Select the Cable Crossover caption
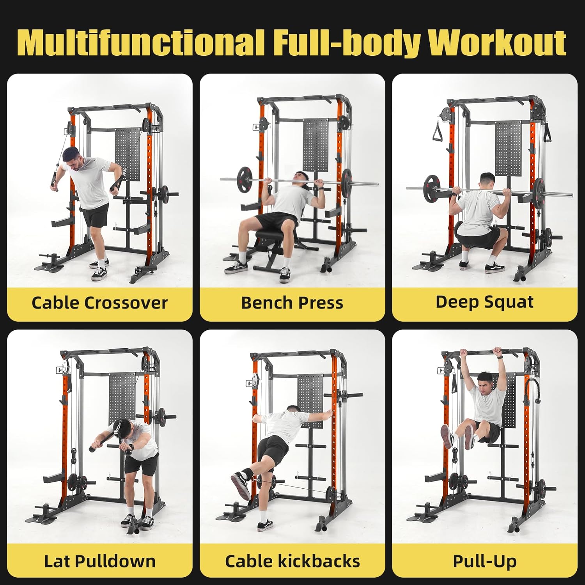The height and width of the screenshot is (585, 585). coord(99,303)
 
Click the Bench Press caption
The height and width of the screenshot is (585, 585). coord(292,303)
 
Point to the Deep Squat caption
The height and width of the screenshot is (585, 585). coord(484,302)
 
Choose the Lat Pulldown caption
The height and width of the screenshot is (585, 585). coord(99,561)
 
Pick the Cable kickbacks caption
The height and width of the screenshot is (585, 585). coord(292,561)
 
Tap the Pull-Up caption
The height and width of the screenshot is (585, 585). coord(484,561)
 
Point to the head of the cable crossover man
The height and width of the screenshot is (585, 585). coord(72,158)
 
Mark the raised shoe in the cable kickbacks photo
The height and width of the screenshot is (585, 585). coord(241,484)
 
